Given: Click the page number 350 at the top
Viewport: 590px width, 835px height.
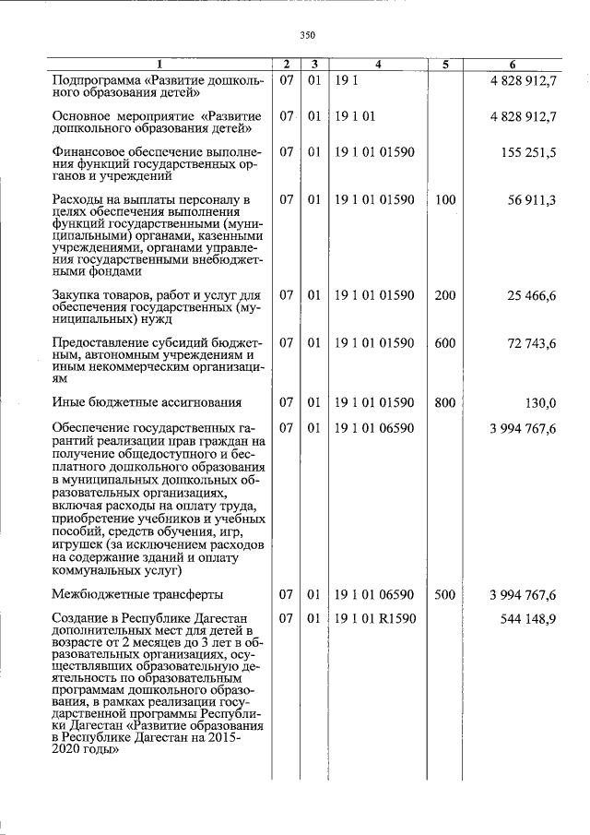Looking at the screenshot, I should [x=308, y=35].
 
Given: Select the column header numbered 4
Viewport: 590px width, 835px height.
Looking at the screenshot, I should [x=379, y=65].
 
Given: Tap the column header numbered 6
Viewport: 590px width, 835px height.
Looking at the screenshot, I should [x=513, y=65].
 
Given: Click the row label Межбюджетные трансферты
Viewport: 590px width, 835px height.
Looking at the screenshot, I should [x=137, y=595].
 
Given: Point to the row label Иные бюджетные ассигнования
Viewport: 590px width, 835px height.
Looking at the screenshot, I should [x=147, y=402].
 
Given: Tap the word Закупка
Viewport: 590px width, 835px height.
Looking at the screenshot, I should [x=79, y=295].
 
